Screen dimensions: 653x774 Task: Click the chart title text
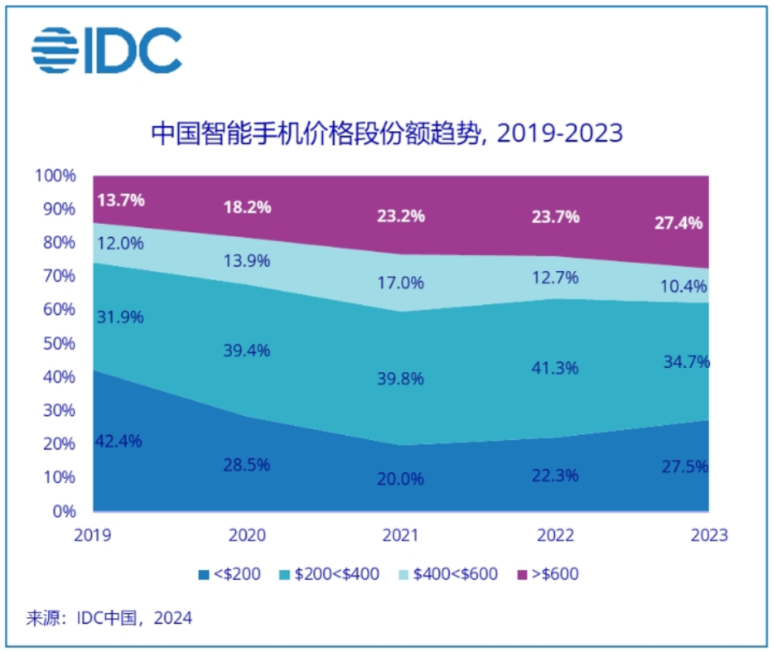[x=387, y=133]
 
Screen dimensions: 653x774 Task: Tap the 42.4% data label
[x=120, y=441]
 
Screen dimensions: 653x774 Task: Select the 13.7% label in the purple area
[x=120, y=199]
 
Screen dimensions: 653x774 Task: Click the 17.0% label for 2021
[x=401, y=283]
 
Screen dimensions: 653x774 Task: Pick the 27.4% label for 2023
[x=678, y=223]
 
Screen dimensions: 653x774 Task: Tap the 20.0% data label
[x=401, y=479]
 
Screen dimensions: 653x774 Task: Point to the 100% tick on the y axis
[x=56, y=176]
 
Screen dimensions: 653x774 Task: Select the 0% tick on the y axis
[x=64, y=511]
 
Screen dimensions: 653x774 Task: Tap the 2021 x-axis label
[x=401, y=536]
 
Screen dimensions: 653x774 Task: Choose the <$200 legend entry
[x=230, y=574]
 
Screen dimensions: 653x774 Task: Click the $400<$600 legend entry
[x=449, y=574]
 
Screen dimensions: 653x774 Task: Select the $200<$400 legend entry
[x=332, y=574]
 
